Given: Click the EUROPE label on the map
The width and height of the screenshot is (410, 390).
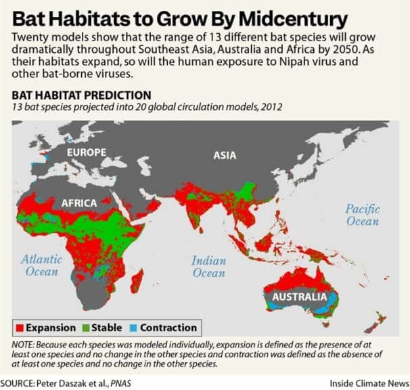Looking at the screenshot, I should (x=86, y=152).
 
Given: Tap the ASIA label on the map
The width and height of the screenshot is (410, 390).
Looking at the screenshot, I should (x=225, y=155).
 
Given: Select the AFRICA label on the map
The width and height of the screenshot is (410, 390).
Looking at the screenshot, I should (x=78, y=202).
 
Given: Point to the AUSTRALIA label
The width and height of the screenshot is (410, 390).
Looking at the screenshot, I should (x=299, y=297).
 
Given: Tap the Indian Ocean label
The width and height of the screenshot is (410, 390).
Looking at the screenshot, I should (x=208, y=266).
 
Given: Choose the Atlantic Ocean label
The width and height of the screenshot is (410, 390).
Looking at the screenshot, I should (x=42, y=265).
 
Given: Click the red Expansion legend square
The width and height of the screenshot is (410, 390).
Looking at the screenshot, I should (x=19, y=328).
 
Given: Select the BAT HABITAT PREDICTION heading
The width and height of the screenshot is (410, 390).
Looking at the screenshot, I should (x=80, y=95).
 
